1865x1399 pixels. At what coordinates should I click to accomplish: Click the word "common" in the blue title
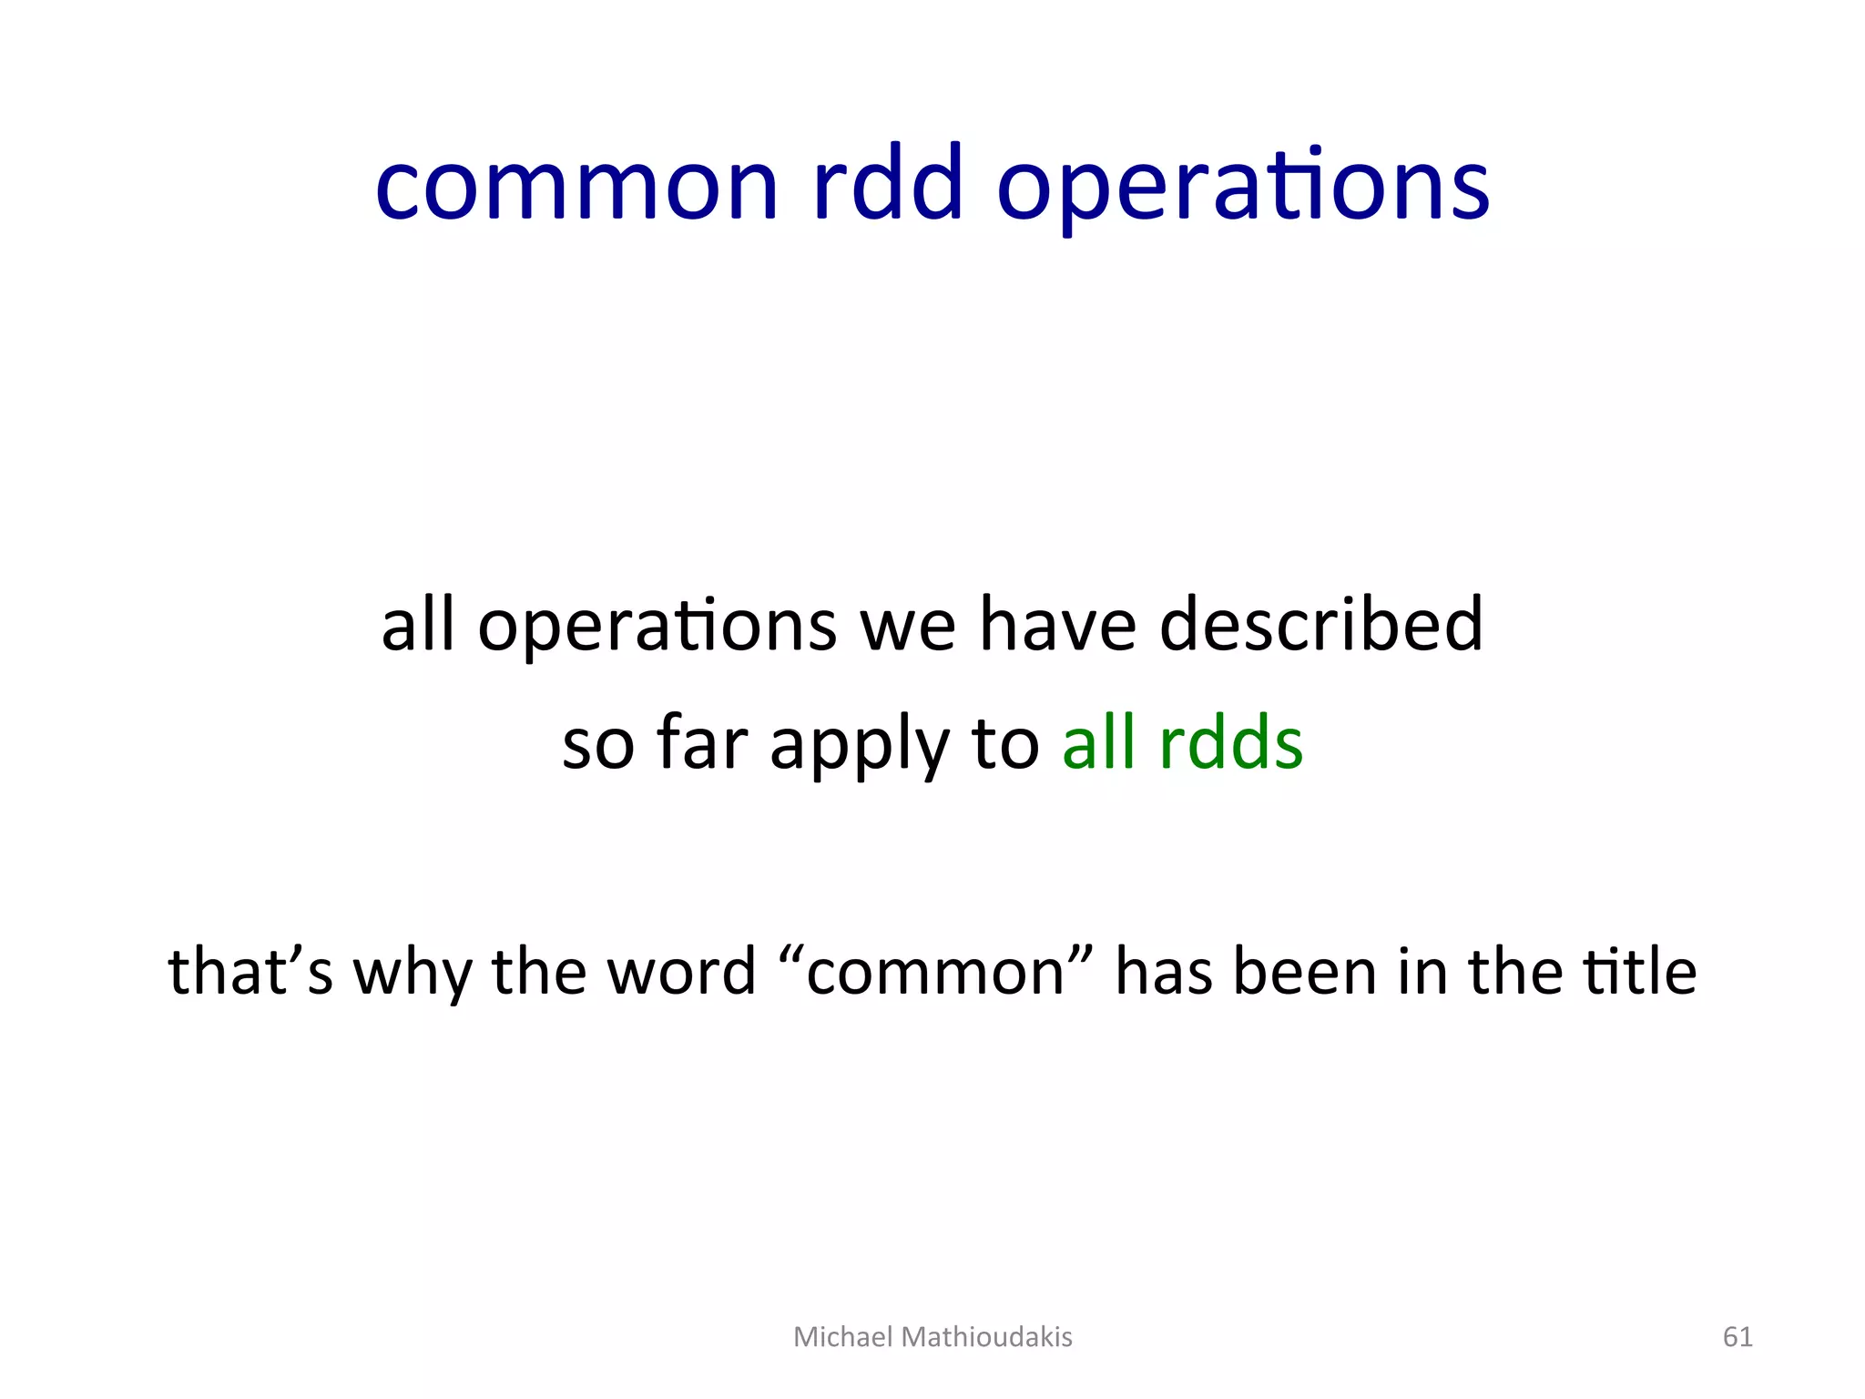coord(576,187)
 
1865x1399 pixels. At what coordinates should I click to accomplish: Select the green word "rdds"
coord(1230,743)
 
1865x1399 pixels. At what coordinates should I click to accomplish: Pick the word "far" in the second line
coord(702,743)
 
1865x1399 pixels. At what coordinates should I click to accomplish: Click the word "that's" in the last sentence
coord(250,971)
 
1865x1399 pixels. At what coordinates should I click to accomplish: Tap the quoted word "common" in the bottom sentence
coord(936,973)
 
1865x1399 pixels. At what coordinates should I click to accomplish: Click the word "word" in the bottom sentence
coord(681,971)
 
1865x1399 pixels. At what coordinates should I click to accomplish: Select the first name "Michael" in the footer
coord(842,1337)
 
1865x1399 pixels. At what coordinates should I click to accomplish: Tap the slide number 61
coord(1738,1337)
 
